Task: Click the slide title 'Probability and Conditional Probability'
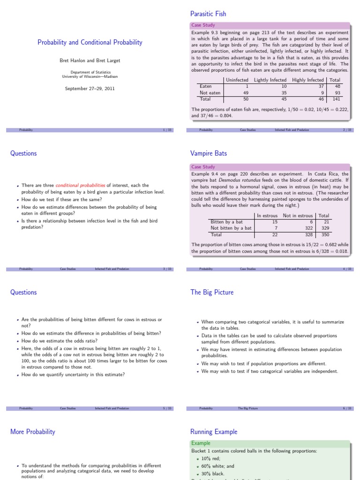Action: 90,43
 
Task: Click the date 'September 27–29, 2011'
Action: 90,88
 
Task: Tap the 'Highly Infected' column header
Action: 307,80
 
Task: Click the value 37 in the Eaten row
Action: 321,86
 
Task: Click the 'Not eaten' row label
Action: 210,93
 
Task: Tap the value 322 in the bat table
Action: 307,228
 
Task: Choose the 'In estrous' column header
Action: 267,216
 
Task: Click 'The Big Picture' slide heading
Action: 212,292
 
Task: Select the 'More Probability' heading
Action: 32,432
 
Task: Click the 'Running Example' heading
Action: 214,432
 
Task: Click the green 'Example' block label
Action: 201,443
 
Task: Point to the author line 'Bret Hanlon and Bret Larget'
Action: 90,60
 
